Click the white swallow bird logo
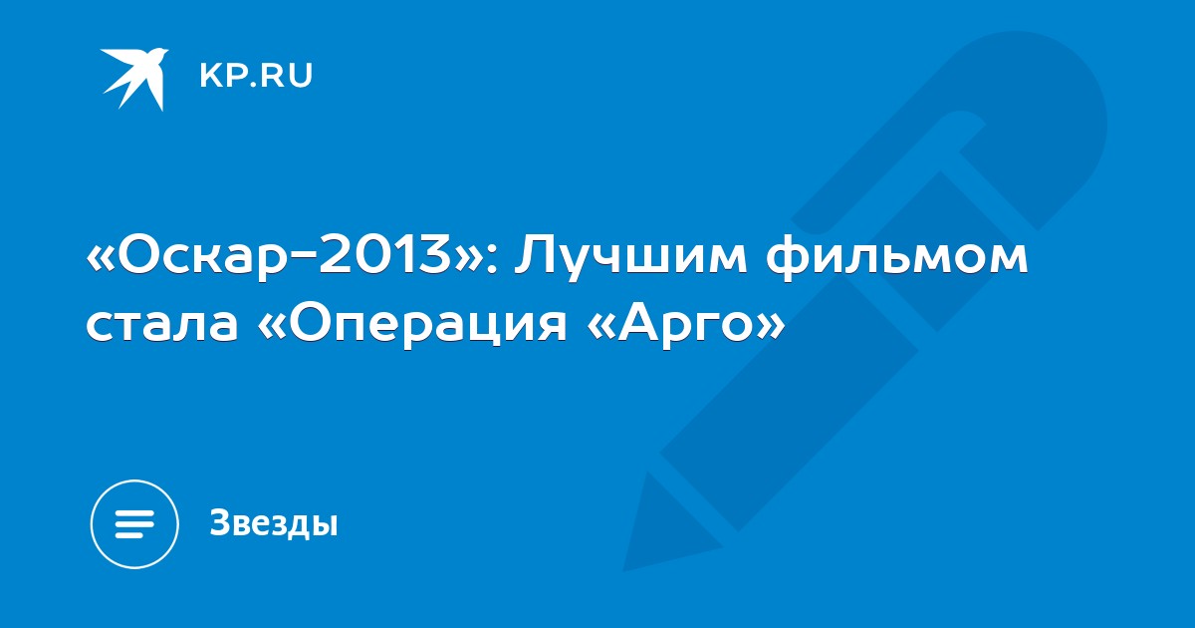pos(134,79)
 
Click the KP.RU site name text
pos(256,76)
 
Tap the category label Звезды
pos(274,523)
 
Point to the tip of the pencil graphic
pos(624,571)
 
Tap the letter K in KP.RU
pos(210,76)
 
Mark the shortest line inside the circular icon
pos(130,534)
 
